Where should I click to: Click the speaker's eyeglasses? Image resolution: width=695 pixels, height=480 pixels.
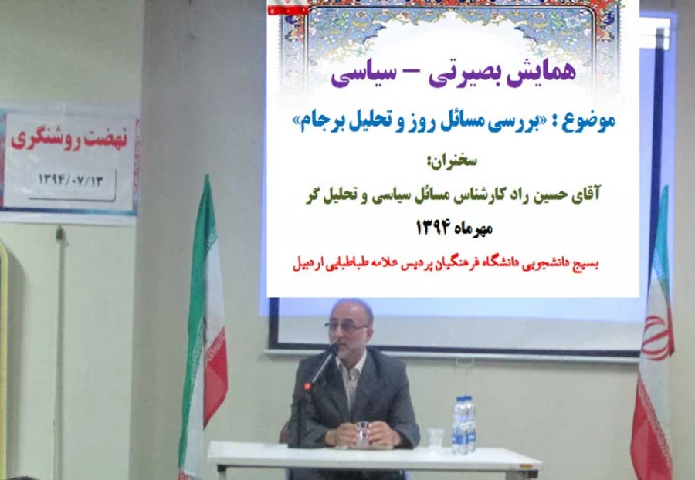(x=347, y=326)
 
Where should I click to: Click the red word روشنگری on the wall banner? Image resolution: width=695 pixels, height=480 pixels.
(x=46, y=144)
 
